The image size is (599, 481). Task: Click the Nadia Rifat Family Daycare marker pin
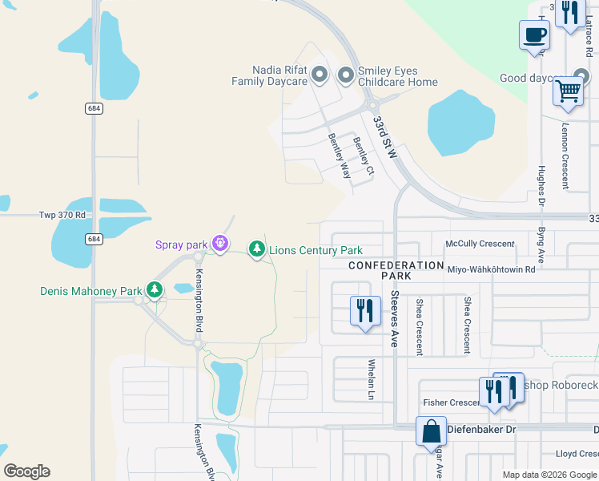(x=320, y=75)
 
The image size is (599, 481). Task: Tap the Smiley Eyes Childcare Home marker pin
(x=346, y=75)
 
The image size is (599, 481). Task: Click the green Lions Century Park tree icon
(x=256, y=249)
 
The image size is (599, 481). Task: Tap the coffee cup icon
(x=534, y=34)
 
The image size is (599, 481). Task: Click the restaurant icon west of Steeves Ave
(x=365, y=309)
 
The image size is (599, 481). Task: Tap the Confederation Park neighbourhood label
(x=396, y=270)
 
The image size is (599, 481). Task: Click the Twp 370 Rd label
(x=62, y=216)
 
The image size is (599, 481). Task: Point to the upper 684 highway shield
(x=94, y=108)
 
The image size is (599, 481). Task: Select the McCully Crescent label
(x=480, y=244)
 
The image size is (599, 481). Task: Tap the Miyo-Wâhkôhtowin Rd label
(x=491, y=270)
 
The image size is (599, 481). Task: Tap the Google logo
(x=26, y=471)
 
